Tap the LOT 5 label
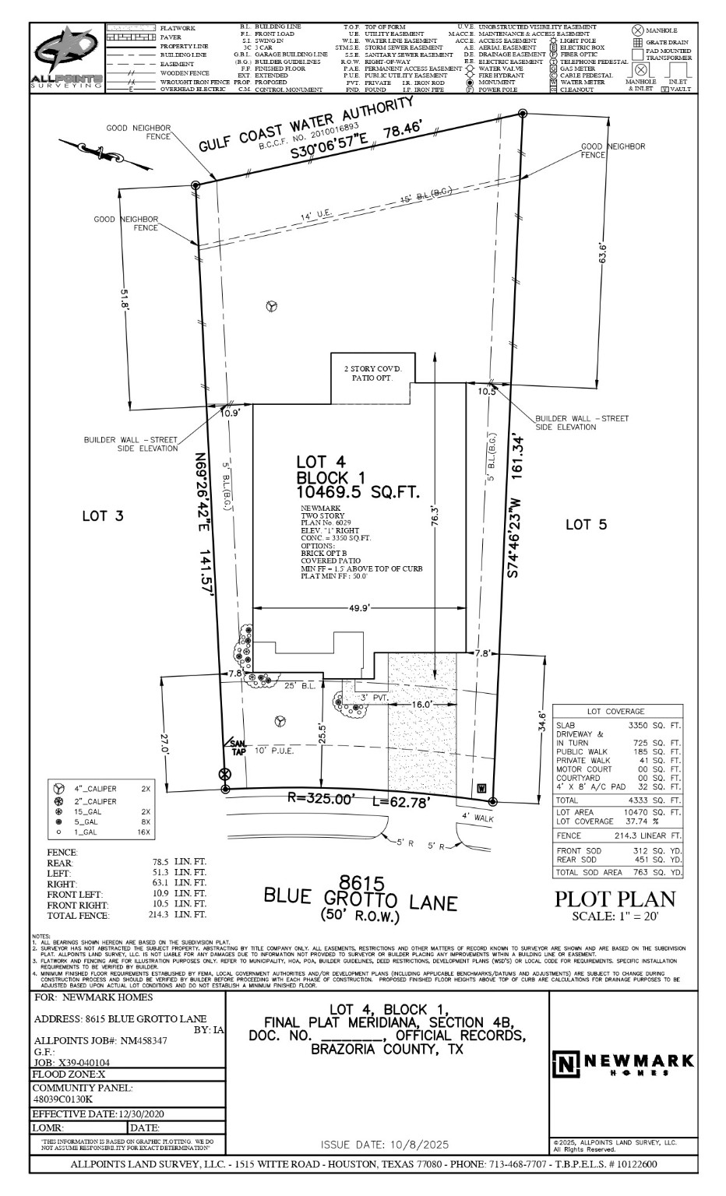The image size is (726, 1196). pos(585,525)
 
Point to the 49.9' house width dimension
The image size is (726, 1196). pos(358,608)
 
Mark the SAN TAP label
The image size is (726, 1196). pos(236,747)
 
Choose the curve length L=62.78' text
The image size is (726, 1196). pos(400,802)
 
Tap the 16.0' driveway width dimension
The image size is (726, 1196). pos(421,704)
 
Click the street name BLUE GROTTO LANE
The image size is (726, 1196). pos(360,902)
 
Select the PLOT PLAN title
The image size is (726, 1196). pos(615,899)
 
